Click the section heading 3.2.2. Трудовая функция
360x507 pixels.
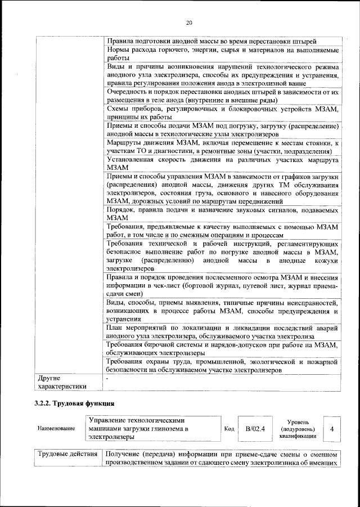(x=74, y=403)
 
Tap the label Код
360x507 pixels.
(x=229, y=429)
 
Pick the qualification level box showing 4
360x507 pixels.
(x=332, y=429)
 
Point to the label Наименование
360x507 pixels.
(x=56, y=429)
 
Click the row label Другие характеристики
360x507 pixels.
(x=62, y=382)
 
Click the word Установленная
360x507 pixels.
(x=134, y=160)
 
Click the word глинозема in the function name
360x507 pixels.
(x=161, y=429)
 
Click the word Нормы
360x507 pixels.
(x=119, y=50)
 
